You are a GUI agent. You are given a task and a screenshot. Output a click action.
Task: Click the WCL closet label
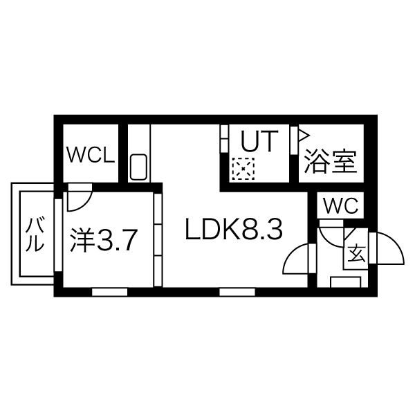coord(90,154)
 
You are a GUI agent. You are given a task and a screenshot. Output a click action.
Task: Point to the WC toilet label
coord(340,206)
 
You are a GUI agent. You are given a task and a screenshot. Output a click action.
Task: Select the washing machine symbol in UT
coord(244,168)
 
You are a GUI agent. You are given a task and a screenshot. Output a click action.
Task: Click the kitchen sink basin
coord(138,167)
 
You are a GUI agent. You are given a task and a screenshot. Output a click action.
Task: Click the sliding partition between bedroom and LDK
coord(158,239)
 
